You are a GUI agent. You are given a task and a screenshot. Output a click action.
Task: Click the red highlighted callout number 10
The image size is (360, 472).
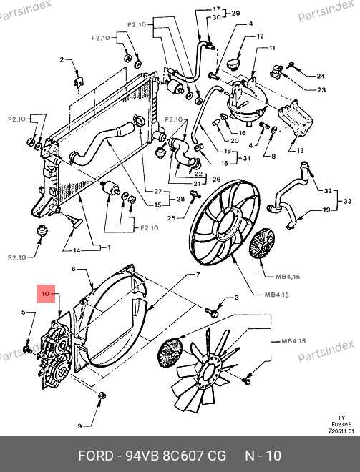[x=45, y=293]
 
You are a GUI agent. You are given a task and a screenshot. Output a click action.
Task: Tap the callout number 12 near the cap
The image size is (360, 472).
[x=260, y=36]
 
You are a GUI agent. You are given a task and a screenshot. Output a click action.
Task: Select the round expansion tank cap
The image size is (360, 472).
[x=233, y=64]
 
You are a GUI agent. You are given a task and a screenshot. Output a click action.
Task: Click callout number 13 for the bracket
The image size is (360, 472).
[x=300, y=150]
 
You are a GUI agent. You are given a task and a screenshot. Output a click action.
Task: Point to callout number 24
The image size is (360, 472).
[x=321, y=76]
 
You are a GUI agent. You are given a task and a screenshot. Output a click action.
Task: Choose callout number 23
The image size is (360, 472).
[x=322, y=89]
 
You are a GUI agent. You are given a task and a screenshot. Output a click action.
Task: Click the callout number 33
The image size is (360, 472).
[x=347, y=201]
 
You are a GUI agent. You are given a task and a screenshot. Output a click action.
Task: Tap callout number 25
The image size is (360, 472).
[x=172, y=217]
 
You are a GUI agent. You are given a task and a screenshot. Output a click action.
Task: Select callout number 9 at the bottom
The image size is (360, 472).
[x=79, y=426]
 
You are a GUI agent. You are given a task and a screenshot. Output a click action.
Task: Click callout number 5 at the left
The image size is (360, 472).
[x=24, y=312]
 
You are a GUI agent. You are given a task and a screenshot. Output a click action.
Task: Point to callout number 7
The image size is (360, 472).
[x=198, y=275]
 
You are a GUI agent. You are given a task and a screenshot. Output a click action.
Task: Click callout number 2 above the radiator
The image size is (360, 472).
[x=62, y=59]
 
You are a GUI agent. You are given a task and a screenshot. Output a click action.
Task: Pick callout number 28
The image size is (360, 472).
[x=180, y=199]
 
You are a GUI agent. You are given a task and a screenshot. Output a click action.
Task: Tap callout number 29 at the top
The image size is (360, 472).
[x=235, y=14]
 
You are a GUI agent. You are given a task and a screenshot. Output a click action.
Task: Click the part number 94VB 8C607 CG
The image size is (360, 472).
[x=175, y=456]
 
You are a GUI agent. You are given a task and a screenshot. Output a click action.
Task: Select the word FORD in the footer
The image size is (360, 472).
[x=95, y=456]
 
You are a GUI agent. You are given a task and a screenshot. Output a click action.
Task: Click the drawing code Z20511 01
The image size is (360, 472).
[x=341, y=431]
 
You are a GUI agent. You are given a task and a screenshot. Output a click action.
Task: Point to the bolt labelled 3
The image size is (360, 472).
[x=213, y=312]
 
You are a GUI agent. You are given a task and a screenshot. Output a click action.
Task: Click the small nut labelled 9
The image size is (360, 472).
[x=102, y=395]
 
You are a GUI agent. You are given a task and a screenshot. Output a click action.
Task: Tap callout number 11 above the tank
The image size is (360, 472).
[x=272, y=48]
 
